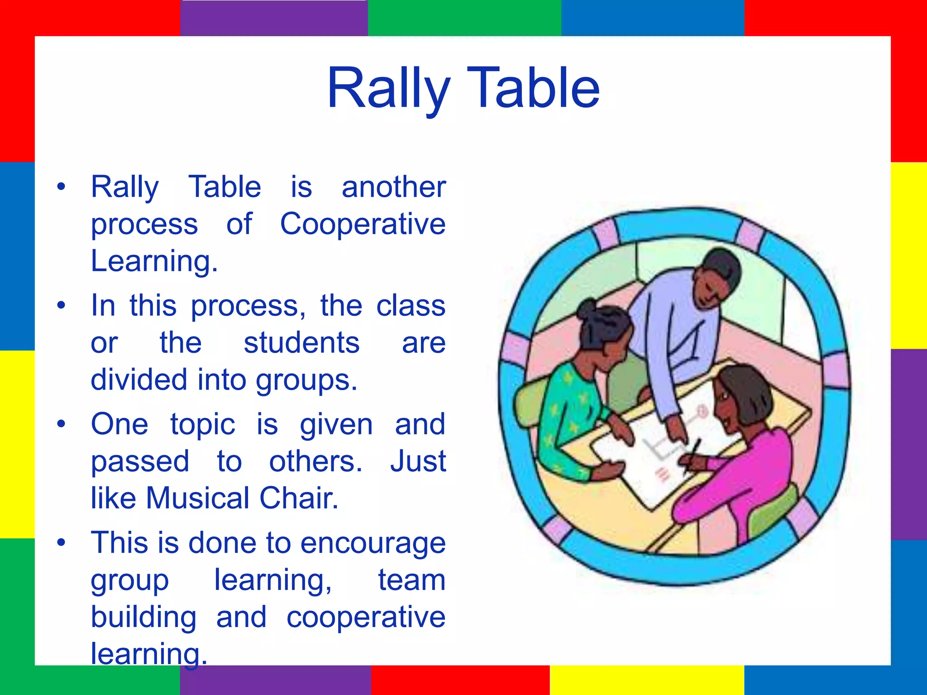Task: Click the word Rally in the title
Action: [x=389, y=88]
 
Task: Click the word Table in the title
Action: [x=533, y=88]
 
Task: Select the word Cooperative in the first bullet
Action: [x=363, y=224]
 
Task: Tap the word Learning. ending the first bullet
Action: [x=154, y=261]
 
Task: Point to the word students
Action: [x=301, y=343]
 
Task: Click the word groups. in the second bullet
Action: [x=306, y=380]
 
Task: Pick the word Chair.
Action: [x=299, y=498]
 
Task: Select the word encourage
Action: [x=373, y=543]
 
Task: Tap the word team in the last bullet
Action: [x=412, y=580]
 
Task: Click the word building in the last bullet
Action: [x=144, y=618]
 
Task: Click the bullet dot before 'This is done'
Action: [x=62, y=543]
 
